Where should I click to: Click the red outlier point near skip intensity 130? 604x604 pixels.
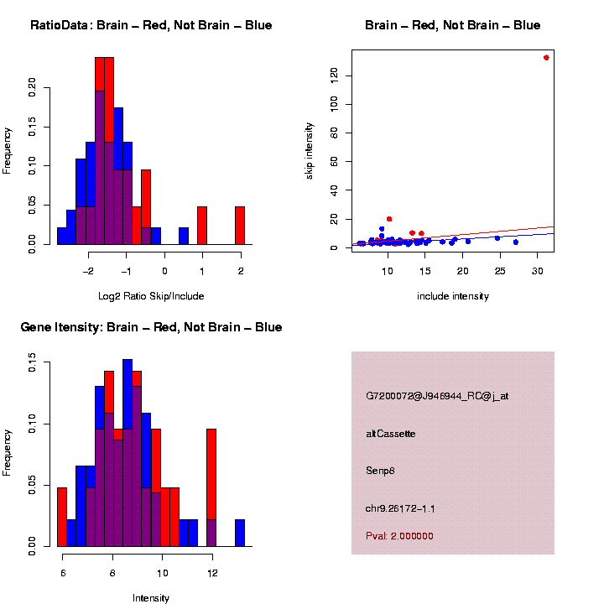tap(546, 58)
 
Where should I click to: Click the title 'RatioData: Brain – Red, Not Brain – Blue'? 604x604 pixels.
tap(151, 26)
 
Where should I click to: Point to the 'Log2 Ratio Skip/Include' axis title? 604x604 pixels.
tap(151, 296)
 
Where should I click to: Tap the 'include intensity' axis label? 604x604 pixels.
tap(453, 296)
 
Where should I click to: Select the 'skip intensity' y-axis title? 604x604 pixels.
tap(310, 149)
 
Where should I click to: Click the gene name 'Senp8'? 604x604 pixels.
tap(380, 471)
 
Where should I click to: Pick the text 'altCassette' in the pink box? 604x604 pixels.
tap(390, 434)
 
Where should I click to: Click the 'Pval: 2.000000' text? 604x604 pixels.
tap(399, 536)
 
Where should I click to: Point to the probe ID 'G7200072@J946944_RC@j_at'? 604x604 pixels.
tap(437, 396)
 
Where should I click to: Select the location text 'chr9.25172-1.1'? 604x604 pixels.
tap(400, 508)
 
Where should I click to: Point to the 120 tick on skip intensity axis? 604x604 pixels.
tap(336, 75)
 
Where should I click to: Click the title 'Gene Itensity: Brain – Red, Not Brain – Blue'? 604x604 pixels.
tap(151, 327)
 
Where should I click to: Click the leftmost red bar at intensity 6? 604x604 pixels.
tap(61, 517)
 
